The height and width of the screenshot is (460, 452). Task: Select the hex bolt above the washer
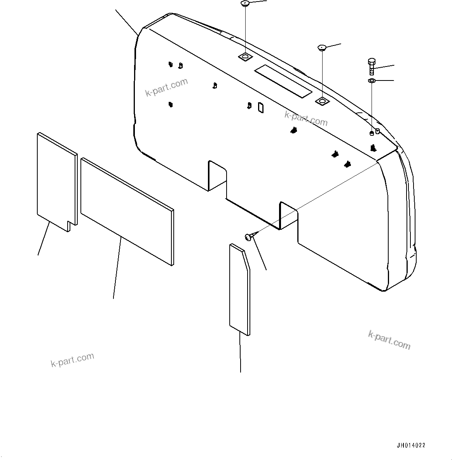371,66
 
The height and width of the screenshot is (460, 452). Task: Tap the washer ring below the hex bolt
371,80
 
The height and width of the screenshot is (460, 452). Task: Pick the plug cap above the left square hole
245,4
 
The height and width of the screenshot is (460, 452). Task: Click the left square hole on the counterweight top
245,57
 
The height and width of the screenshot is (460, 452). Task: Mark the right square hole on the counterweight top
322,101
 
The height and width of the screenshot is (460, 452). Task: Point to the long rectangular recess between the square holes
283,81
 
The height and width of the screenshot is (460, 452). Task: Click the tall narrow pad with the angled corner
239,290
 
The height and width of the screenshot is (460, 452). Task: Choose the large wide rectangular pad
127,211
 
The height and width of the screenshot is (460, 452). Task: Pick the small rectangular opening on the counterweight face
261,108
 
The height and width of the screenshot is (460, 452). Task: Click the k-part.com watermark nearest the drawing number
389,340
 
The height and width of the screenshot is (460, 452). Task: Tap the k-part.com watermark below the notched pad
72,360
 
